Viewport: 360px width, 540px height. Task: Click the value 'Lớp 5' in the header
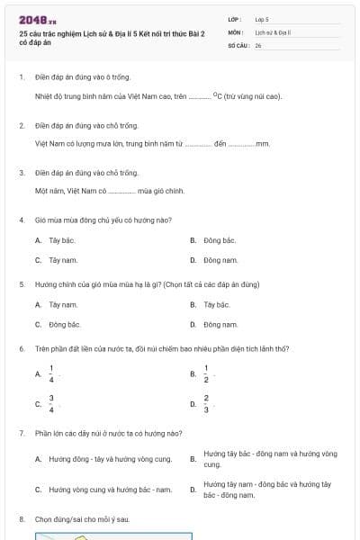pyautogui.click(x=262, y=19)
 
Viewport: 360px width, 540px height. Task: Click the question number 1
pyautogui.click(x=21, y=76)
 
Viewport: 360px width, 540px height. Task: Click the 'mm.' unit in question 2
pyautogui.click(x=263, y=142)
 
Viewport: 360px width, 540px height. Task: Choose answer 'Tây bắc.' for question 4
pyautogui.click(x=61, y=240)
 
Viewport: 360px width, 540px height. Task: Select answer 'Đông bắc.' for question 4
pyautogui.click(x=220, y=240)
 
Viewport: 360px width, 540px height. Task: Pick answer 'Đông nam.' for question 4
pyautogui.click(x=220, y=259)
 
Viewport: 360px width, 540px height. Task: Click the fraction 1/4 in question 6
pyautogui.click(x=51, y=373)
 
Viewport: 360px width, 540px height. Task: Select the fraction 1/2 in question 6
pyautogui.click(x=206, y=373)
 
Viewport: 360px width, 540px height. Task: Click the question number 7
pyautogui.click(x=21, y=433)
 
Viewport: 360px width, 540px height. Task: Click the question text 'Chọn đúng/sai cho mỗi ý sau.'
pyautogui.click(x=82, y=519)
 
